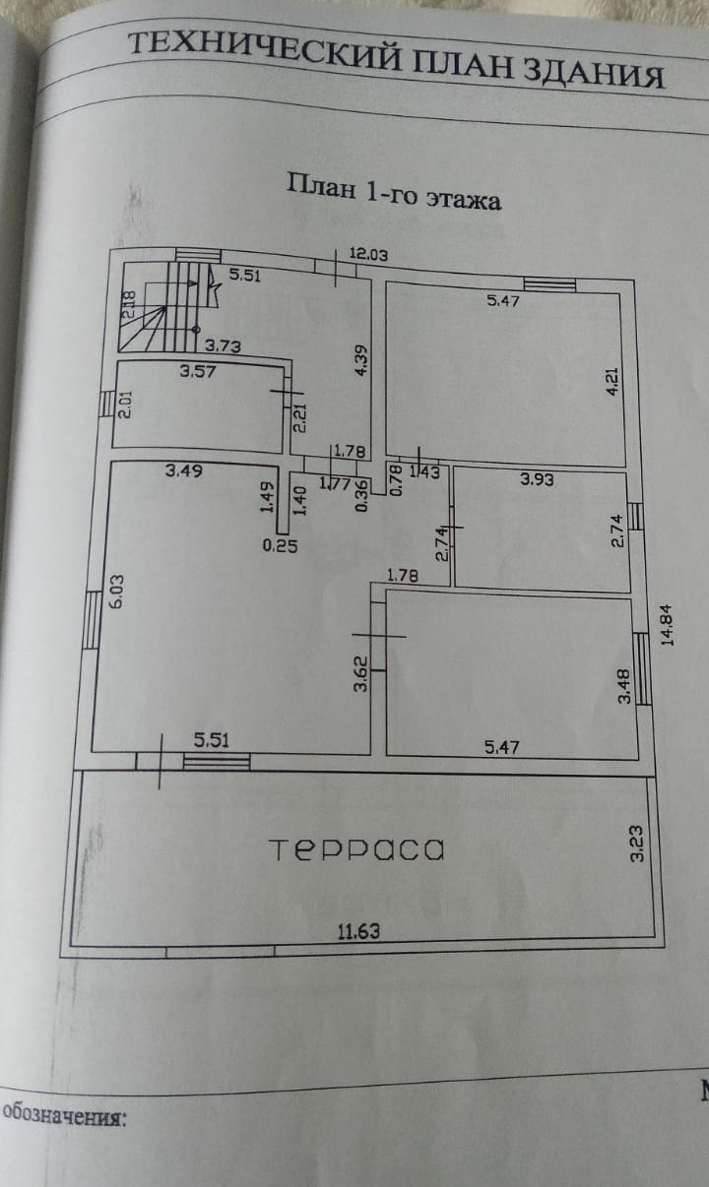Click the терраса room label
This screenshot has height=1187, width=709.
click(x=356, y=849)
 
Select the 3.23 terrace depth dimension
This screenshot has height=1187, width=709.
click(x=637, y=844)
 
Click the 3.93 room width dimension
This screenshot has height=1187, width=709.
click(x=538, y=480)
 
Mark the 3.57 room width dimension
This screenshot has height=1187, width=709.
click(x=198, y=372)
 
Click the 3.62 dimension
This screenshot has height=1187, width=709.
click(x=361, y=673)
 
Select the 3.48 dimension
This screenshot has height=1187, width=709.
click(x=622, y=686)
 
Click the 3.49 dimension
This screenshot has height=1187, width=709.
click(x=184, y=470)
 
